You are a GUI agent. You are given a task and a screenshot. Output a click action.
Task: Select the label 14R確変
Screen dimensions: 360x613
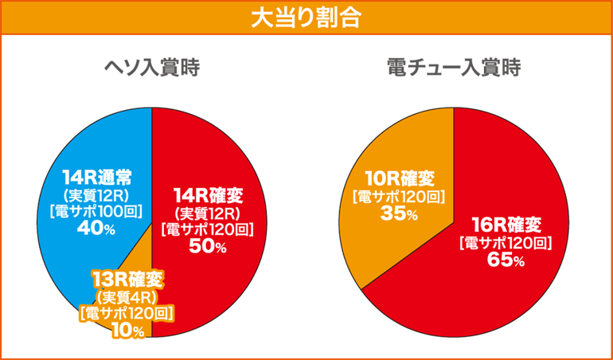point(207,194)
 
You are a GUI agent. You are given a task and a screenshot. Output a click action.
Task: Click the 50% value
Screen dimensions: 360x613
point(208,248)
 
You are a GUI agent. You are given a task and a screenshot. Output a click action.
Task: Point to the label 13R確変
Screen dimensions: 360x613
point(127,280)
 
